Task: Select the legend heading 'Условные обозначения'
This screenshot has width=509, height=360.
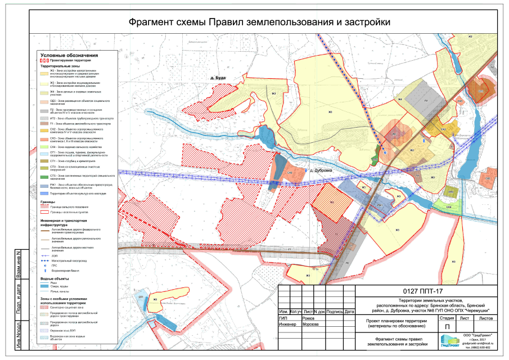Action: (70, 55)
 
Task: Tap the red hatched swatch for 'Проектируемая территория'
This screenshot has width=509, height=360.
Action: (44, 60)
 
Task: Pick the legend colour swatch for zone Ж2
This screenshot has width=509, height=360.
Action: (44, 73)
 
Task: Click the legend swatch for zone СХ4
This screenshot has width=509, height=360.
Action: (44, 147)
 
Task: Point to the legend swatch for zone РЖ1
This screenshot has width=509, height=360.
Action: (44, 185)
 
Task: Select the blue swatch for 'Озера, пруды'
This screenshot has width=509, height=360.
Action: (44, 287)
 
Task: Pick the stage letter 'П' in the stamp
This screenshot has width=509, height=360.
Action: (447, 326)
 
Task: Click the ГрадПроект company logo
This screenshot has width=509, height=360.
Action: (449, 340)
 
